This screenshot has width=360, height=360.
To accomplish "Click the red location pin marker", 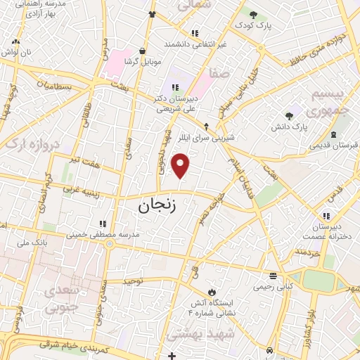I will [181, 165].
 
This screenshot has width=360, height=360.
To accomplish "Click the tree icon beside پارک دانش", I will [289, 116].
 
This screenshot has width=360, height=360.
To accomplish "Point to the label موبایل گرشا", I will [143, 62].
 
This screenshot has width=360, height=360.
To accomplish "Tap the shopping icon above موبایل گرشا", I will [143, 51].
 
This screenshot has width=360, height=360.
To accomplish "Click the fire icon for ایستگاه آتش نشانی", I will [210, 292].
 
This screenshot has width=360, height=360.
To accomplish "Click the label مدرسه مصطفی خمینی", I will [109, 233].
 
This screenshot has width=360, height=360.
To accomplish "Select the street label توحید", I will [133, 281].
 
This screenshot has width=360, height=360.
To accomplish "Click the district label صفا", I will [219, 72].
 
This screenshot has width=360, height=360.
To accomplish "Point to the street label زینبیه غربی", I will [79, 188].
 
